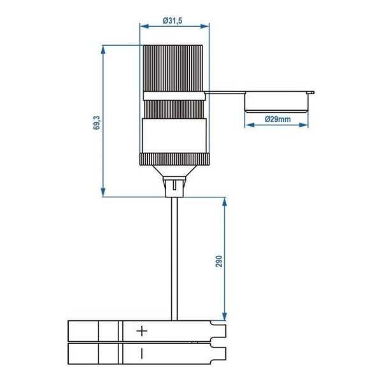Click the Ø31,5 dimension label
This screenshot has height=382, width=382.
click(173, 20)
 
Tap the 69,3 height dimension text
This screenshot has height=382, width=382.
click(95, 123)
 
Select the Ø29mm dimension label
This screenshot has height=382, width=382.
click(277, 119)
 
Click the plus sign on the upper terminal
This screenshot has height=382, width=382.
click(142, 331)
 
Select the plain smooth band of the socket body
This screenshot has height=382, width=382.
click(174, 136)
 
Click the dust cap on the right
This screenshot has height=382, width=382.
click(278, 102)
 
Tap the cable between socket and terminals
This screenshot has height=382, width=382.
click(173, 255)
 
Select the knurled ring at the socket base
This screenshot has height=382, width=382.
click(174, 158)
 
